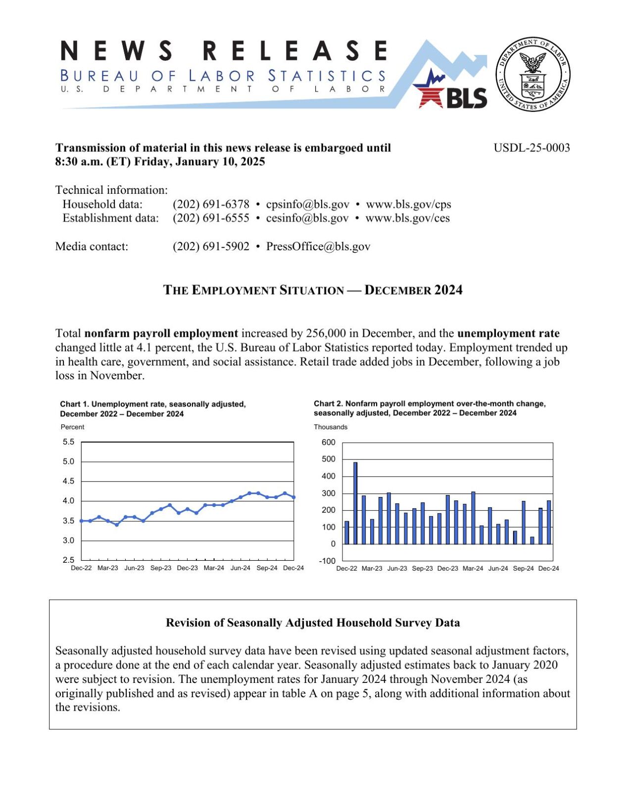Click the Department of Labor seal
[x=532, y=74]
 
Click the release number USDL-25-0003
[x=531, y=148]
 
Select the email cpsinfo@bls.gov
[x=307, y=204]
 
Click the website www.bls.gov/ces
[x=407, y=218]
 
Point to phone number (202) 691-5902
[x=211, y=246]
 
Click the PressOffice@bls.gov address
[x=318, y=246]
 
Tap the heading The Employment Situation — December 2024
[x=313, y=290]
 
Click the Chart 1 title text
[x=152, y=408]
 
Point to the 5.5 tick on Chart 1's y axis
[x=68, y=442]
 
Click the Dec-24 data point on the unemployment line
[x=293, y=497]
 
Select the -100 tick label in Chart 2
[x=327, y=561]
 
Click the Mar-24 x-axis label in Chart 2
[x=473, y=568]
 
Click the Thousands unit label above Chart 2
[x=330, y=427]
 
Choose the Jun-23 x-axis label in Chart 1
[x=134, y=568]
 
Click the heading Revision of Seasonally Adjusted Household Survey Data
[x=313, y=623]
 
